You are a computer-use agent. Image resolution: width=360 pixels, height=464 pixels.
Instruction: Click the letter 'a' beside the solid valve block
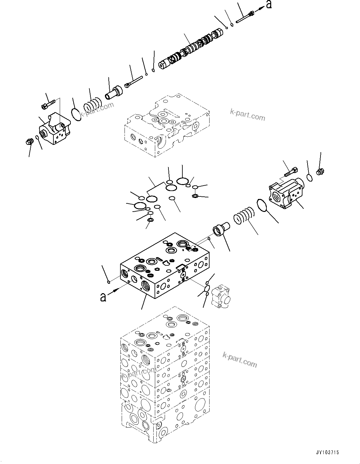click(103, 297)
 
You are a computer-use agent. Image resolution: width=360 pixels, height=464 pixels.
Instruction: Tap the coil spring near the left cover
click(92, 104)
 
